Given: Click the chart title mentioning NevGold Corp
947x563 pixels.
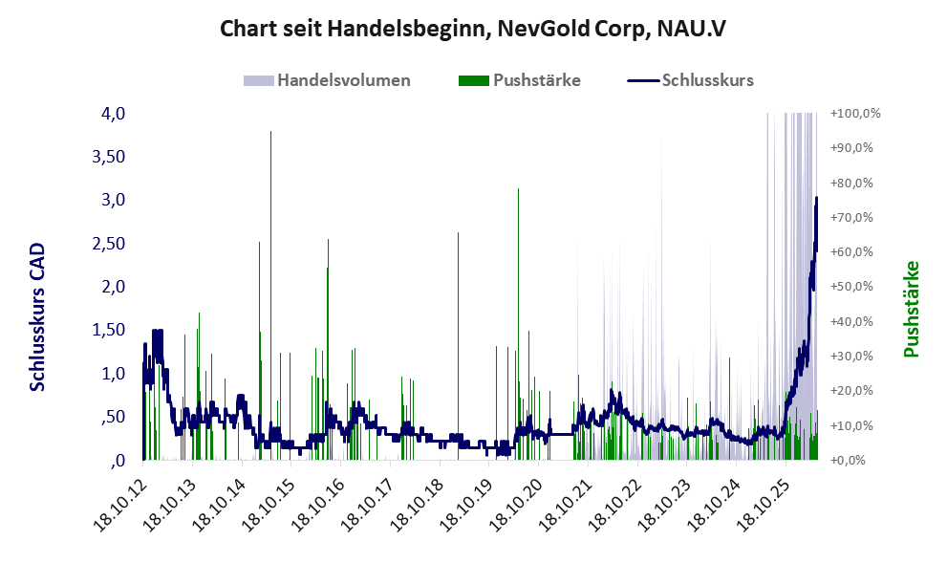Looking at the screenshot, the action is (473, 29).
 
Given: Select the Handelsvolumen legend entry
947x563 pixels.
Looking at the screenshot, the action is (327, 80).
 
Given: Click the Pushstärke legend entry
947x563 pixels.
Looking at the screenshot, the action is (520, 80).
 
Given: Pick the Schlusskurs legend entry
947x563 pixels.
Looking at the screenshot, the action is (690, 80).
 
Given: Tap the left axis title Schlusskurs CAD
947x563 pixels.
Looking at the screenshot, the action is (37, 317).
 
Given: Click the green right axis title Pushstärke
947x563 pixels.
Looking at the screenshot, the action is (912, 310).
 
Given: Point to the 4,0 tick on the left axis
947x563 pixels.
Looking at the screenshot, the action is (113, 114).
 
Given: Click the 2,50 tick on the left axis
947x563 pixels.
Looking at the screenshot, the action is (109, 244).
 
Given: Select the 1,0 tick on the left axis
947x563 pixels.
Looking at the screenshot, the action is (113, 374).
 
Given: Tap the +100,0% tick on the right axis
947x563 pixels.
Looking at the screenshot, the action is (855, 114).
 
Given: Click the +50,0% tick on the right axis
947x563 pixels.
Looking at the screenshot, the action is (851, 287).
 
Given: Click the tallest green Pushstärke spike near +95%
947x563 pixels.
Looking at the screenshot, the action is (270, 295).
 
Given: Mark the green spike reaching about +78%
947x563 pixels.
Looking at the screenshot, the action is (518, 324).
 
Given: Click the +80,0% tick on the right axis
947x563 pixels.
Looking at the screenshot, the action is (851, 183).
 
